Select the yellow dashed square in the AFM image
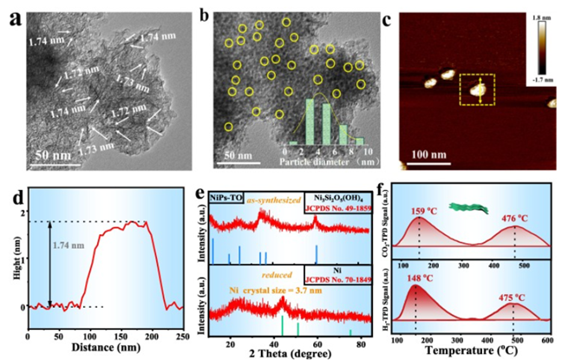(476, 89)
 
